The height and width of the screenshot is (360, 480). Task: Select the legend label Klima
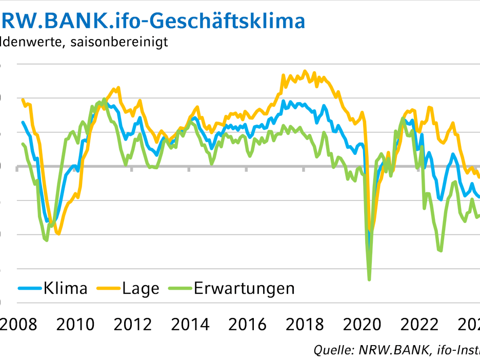pos(65,288)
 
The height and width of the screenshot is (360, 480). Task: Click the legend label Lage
pos(141,288)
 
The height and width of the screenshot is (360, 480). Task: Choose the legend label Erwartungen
pos(244,288)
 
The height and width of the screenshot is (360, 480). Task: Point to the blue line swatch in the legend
pos(30,288)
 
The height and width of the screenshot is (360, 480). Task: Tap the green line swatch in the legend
pos(180,288)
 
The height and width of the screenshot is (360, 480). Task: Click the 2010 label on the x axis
pos(75,325)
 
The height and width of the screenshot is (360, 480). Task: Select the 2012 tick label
pos(133,325)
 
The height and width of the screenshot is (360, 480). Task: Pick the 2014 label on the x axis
pos(190,325)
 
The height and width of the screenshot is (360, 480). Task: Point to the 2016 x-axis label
pos(248,325)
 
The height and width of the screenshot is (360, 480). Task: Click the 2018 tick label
pos(305,325)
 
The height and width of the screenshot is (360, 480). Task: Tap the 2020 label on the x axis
pos(363,325)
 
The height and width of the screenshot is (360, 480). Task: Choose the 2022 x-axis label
pos(420,325)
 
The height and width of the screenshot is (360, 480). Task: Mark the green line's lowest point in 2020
pos(369,279)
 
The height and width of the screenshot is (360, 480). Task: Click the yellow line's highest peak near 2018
pos(305,71)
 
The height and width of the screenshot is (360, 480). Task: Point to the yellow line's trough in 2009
pos(58,234)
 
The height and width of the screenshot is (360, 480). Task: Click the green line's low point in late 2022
pos(441,251)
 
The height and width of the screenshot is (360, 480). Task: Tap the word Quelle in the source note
pos(330,350)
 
